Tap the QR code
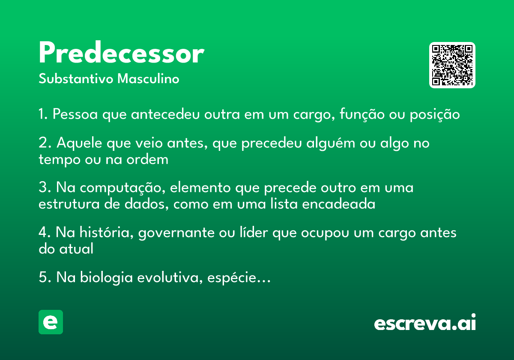coord(452,65)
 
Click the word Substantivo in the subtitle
coord(76,78)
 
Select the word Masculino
coord(148,78)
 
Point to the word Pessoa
coord(75,114)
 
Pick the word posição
coord(435,114)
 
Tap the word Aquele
coord(79,143)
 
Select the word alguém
coord(331,143)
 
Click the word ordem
coord(147,159)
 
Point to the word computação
coord(123,188)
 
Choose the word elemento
coord(200,188)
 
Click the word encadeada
coord(339,204)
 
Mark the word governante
coord(176,233)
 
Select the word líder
coord(254,232)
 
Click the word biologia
coord(106,278)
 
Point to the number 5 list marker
coord(43,277)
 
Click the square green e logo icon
coord(51,322)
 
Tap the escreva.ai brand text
coord(425,322)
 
